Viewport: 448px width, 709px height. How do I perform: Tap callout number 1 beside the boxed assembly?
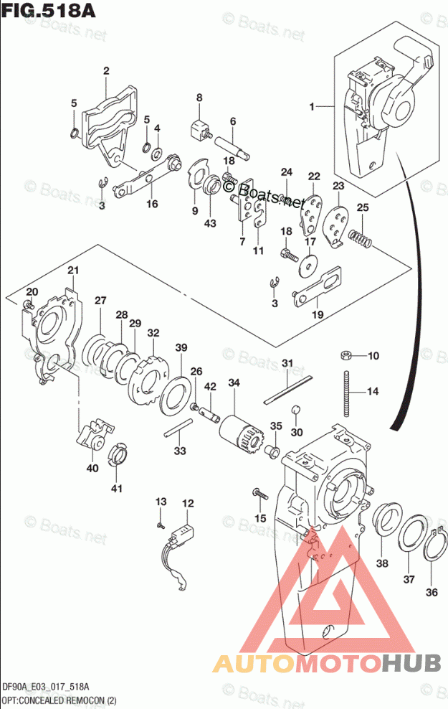pyautogui.click(x=312, y=107)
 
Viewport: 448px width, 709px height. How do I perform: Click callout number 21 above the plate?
pyautogui.click(x=72, y=270)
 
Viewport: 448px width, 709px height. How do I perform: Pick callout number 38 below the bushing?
pyautogui.click(x=382, y=563)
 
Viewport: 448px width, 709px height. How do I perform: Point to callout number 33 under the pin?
pyautogui.click(x=180, y=451)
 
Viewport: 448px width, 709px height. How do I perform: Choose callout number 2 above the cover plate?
pyautogui.click(x=106, y=70)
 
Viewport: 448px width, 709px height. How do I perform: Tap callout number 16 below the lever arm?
pyautogui.click(x=152, y=205)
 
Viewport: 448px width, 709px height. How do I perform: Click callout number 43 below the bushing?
pyautogui.click(x=210, y=224)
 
